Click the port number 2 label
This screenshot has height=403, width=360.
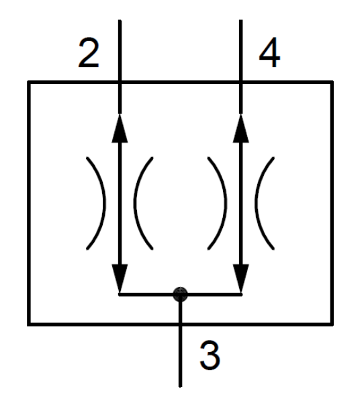pyautogui.click(x=89, y=53)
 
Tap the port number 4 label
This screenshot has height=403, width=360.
pyautogui.click(x=269, y=52)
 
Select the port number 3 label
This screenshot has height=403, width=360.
pyautogui.click(x=210, y=355)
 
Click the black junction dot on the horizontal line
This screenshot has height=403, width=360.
pyautogui.click(x=181, y=294)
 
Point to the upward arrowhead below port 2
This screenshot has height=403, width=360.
pyautogui.click(x=120, y=128)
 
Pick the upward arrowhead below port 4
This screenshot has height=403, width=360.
pyautogui.click(x=240, y=128)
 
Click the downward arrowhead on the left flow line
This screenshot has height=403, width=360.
pyautogui.click(x=120, y=279)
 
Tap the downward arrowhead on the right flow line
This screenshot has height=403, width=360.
pyautogui.click(x=240, y=279)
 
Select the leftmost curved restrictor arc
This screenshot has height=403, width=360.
pyautogui.click(x=104, y=203)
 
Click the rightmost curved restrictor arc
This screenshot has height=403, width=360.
pyautogui.click(x=257, y=203)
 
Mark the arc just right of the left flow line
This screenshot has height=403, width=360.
pyautogui.click(x=135, y=203)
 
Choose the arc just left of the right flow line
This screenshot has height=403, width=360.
pyautogui.click(x=225, y=203)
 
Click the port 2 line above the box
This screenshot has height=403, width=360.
pyautogui.click(x=120, y=50)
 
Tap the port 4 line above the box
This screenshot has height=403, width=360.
pyautogui.click(x=240, y=50)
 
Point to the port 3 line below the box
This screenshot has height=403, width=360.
pyautogui.click(x=181, y=357)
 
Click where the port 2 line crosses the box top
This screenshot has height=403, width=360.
pyautogui.click(x=120, y=82)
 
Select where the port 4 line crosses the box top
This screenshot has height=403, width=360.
pyautogui.click(x=240, y=82)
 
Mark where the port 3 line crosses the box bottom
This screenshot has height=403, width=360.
pyautogui.click(x=181, y=324)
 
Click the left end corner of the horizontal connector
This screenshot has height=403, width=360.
pyautogui.click(x=120, y=295)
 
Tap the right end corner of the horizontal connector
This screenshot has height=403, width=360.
pyautogui.click(x=241, y=295)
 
